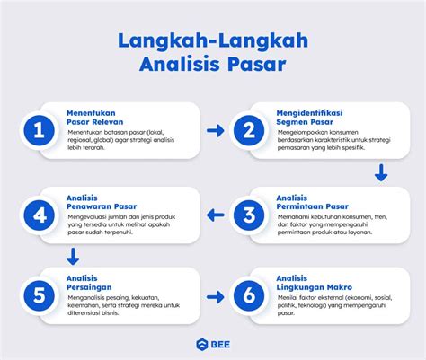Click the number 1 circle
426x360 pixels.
point(38,131)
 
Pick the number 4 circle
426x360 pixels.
point(38,215)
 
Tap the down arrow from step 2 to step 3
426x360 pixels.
point(381,172)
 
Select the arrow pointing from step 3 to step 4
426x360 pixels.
point(215,215)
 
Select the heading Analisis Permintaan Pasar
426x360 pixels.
point(311,201)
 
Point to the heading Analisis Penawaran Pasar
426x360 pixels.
point(99,201)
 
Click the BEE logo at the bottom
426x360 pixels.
point(213,342)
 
